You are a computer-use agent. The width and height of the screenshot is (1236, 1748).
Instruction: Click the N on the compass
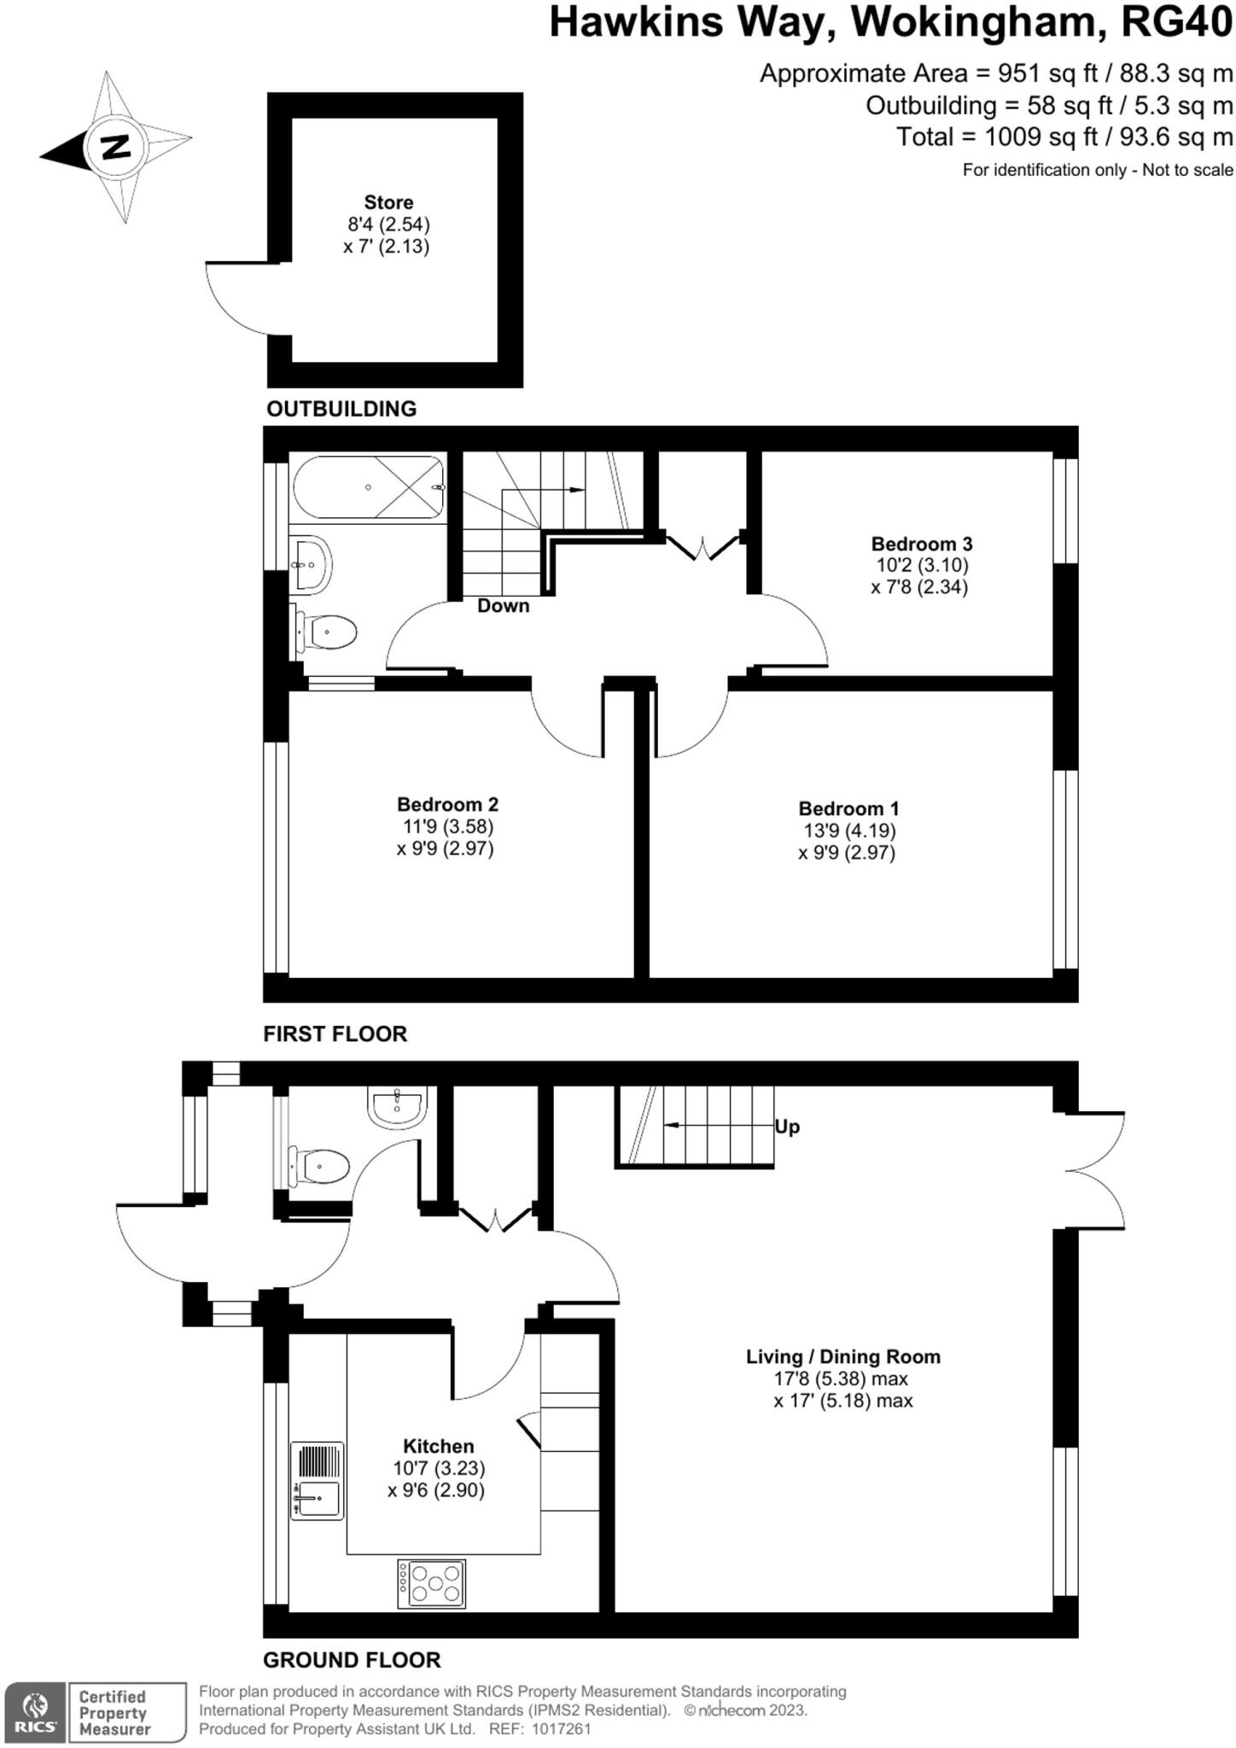(114, 147)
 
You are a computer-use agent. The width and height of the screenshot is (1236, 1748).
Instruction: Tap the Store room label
(388, 202)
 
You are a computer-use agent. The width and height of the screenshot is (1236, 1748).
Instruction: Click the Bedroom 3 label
(921, 544)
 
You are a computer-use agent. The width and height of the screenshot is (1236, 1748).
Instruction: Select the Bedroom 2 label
(447, 804)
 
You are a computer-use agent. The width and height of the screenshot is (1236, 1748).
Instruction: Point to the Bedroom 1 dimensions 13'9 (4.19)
(848, 830)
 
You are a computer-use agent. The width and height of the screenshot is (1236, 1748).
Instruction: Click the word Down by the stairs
(503, 606)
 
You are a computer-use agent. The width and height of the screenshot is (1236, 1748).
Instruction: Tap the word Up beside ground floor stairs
(787, 1127)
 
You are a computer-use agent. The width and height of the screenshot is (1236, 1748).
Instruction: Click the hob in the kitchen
(432, 1584)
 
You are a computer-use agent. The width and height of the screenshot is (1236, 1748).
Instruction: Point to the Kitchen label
(438, 1446)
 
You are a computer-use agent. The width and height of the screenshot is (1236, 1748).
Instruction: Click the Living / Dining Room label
(842, 1356)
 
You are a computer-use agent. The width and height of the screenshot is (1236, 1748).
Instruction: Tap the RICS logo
(34, 1713)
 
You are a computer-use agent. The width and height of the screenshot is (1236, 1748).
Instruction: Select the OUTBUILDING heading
(341, 409)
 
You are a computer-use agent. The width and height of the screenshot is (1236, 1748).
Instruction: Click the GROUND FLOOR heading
(352, 1660)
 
